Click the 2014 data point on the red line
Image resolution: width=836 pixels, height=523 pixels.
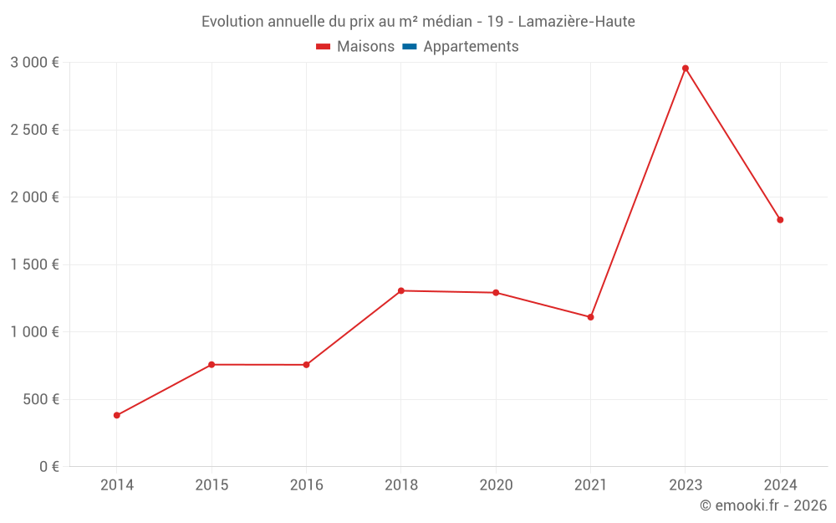point(117,415)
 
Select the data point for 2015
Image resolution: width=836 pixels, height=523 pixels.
point(212,365)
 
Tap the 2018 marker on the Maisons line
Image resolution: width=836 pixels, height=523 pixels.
point(401,290)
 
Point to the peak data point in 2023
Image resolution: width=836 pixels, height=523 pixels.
point(686,68)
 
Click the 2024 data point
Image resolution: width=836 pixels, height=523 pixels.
point(780,220)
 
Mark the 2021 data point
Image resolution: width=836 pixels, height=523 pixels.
point(590,317)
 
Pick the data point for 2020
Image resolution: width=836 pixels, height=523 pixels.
point(496,293)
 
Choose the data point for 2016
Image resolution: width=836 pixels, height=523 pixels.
point(306,365)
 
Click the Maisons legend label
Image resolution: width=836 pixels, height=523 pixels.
point(365,47)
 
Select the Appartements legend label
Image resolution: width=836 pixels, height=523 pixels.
point(471,47)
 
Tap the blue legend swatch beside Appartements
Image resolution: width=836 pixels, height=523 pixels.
point(409,47)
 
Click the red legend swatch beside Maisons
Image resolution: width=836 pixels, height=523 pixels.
point(324,47)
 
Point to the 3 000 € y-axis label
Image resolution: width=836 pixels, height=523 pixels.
point(34,63)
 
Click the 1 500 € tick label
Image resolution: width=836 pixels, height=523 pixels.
point(34,264)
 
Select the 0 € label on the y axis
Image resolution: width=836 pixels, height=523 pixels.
point(47,466)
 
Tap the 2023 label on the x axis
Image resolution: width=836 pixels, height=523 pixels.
point(686,485)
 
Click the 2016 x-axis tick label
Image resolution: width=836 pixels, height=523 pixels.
point(306,485)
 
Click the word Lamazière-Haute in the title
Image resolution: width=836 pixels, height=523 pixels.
point(576,21)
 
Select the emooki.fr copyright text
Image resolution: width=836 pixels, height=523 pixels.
point(762,505)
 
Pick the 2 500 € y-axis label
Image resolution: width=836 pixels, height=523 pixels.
point(34,130)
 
